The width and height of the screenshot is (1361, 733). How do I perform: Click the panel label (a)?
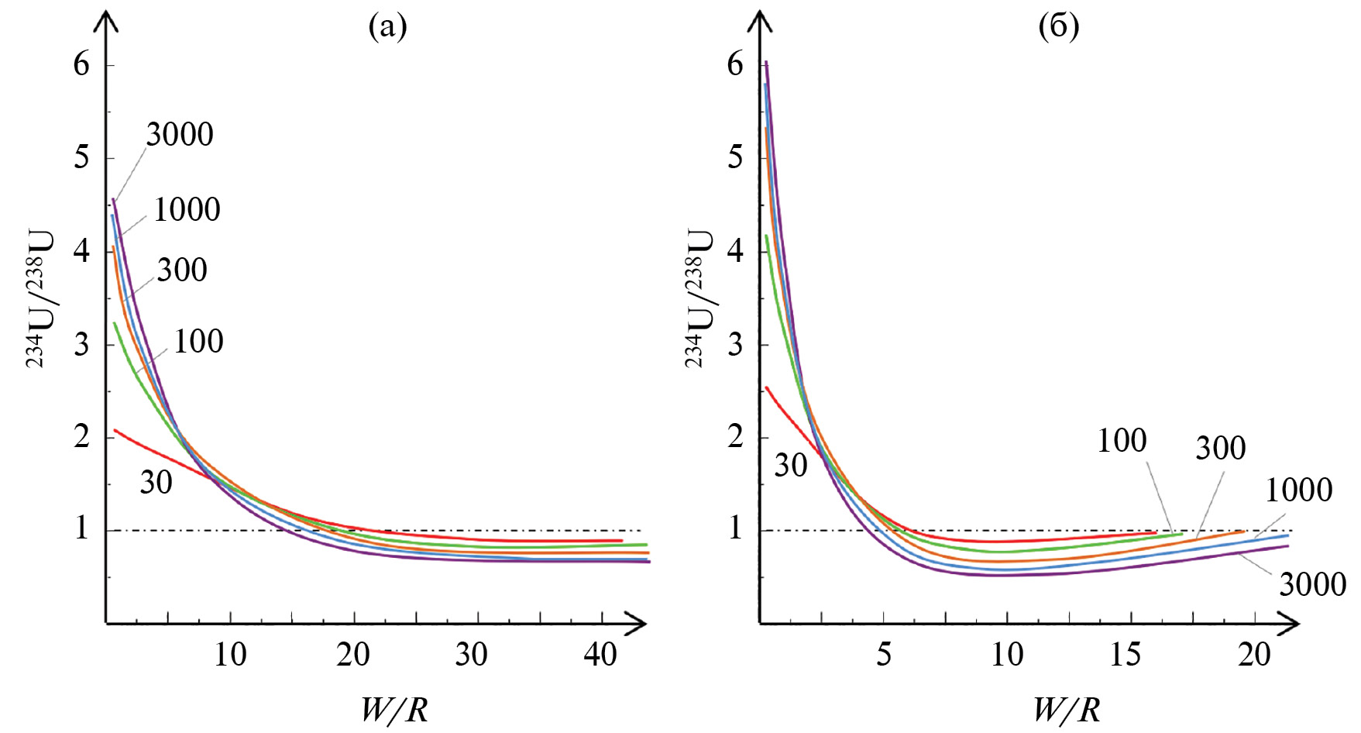pos(388,27)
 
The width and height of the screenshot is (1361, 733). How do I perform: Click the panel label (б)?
pos(1058,27)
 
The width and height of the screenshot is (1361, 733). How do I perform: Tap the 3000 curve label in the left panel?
pos(180,135)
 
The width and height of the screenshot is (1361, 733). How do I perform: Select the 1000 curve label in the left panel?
pos(187,210)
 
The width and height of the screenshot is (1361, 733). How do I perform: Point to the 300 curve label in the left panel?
pos(182,270)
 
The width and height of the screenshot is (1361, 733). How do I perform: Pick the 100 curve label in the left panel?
pos(198,342)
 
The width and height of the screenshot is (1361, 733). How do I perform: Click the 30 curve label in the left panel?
pos(156,483)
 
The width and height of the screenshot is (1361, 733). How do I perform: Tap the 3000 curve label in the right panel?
pos(1312,584)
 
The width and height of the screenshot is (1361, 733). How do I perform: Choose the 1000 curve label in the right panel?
pos(1298,490)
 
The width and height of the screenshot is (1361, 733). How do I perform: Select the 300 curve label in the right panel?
pos(1221,448)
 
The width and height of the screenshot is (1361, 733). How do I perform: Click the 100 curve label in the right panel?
pos(1122,441)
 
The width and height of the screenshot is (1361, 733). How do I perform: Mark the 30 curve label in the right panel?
pos(791,466)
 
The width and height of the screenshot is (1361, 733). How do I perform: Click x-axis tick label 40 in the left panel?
pos(600,656)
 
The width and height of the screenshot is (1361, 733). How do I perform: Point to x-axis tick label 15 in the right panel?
pos(1125,656)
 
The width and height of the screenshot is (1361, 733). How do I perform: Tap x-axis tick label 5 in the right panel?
pos(884,656)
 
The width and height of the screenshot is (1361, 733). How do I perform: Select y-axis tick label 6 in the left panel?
pos(81,65)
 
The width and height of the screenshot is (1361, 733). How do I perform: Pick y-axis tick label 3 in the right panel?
pos(735,345)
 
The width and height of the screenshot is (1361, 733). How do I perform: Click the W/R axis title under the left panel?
pos(394,709)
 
